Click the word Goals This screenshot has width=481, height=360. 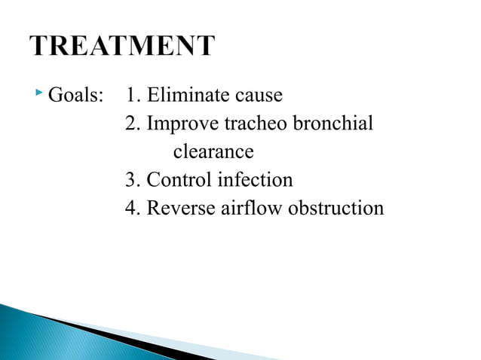pos(75,96)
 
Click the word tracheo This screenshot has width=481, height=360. pos(254,124)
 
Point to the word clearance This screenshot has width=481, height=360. pos(213,152)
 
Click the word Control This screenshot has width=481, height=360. pos(178,181)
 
